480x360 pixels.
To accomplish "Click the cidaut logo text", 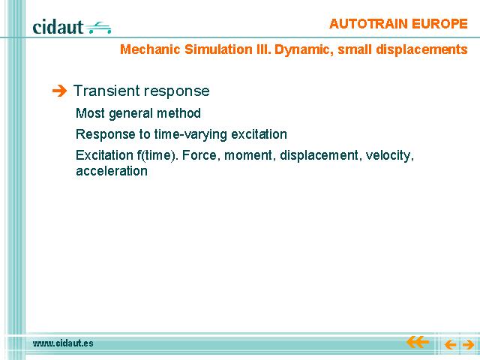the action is (x=58, y=27).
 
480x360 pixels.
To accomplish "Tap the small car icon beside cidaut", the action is (x=98, y=28).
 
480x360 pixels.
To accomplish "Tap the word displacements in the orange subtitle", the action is (x=421, y=50).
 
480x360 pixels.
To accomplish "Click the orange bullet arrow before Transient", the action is (x=59, y=91).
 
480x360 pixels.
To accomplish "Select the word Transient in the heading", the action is (x=106, y=91).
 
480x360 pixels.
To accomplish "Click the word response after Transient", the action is (x=176, y=91).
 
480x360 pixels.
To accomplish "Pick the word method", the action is (x=178, y=113).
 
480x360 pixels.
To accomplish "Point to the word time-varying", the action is (x=190, y=135).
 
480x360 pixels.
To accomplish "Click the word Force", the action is (x=201, y=155).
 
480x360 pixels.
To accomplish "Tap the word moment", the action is (x=248, y=155).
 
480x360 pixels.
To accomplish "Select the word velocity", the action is (x=390, y=156).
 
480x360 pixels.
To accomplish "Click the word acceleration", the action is (x=112, y=171).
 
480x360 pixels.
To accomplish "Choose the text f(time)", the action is (x=157, y=155).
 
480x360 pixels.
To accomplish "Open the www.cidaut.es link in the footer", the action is (x=63, y=343).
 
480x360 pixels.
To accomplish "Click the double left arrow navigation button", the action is (x=417, y=342).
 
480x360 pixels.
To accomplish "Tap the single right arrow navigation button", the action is (x=468, y=345).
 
